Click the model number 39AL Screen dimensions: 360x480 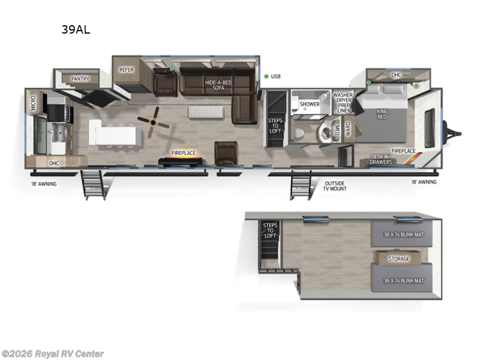[75, 29]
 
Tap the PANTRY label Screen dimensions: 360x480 [80, 79]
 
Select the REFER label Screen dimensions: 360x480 [127, 70]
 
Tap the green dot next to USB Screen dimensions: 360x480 [266, 76]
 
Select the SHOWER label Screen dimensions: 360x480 [310, 104]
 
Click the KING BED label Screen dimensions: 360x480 [382, 113]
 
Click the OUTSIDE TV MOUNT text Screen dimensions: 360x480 [335, 185]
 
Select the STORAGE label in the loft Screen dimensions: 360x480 [398, 259]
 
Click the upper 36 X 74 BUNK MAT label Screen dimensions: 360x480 [402, 235]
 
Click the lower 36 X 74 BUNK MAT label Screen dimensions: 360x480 [402, 280]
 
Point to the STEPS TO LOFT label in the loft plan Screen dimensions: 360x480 [269, 230]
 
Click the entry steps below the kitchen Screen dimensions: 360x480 [94, 183]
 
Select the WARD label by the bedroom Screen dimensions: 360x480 [348, 128]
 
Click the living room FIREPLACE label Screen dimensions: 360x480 [184, 153]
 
